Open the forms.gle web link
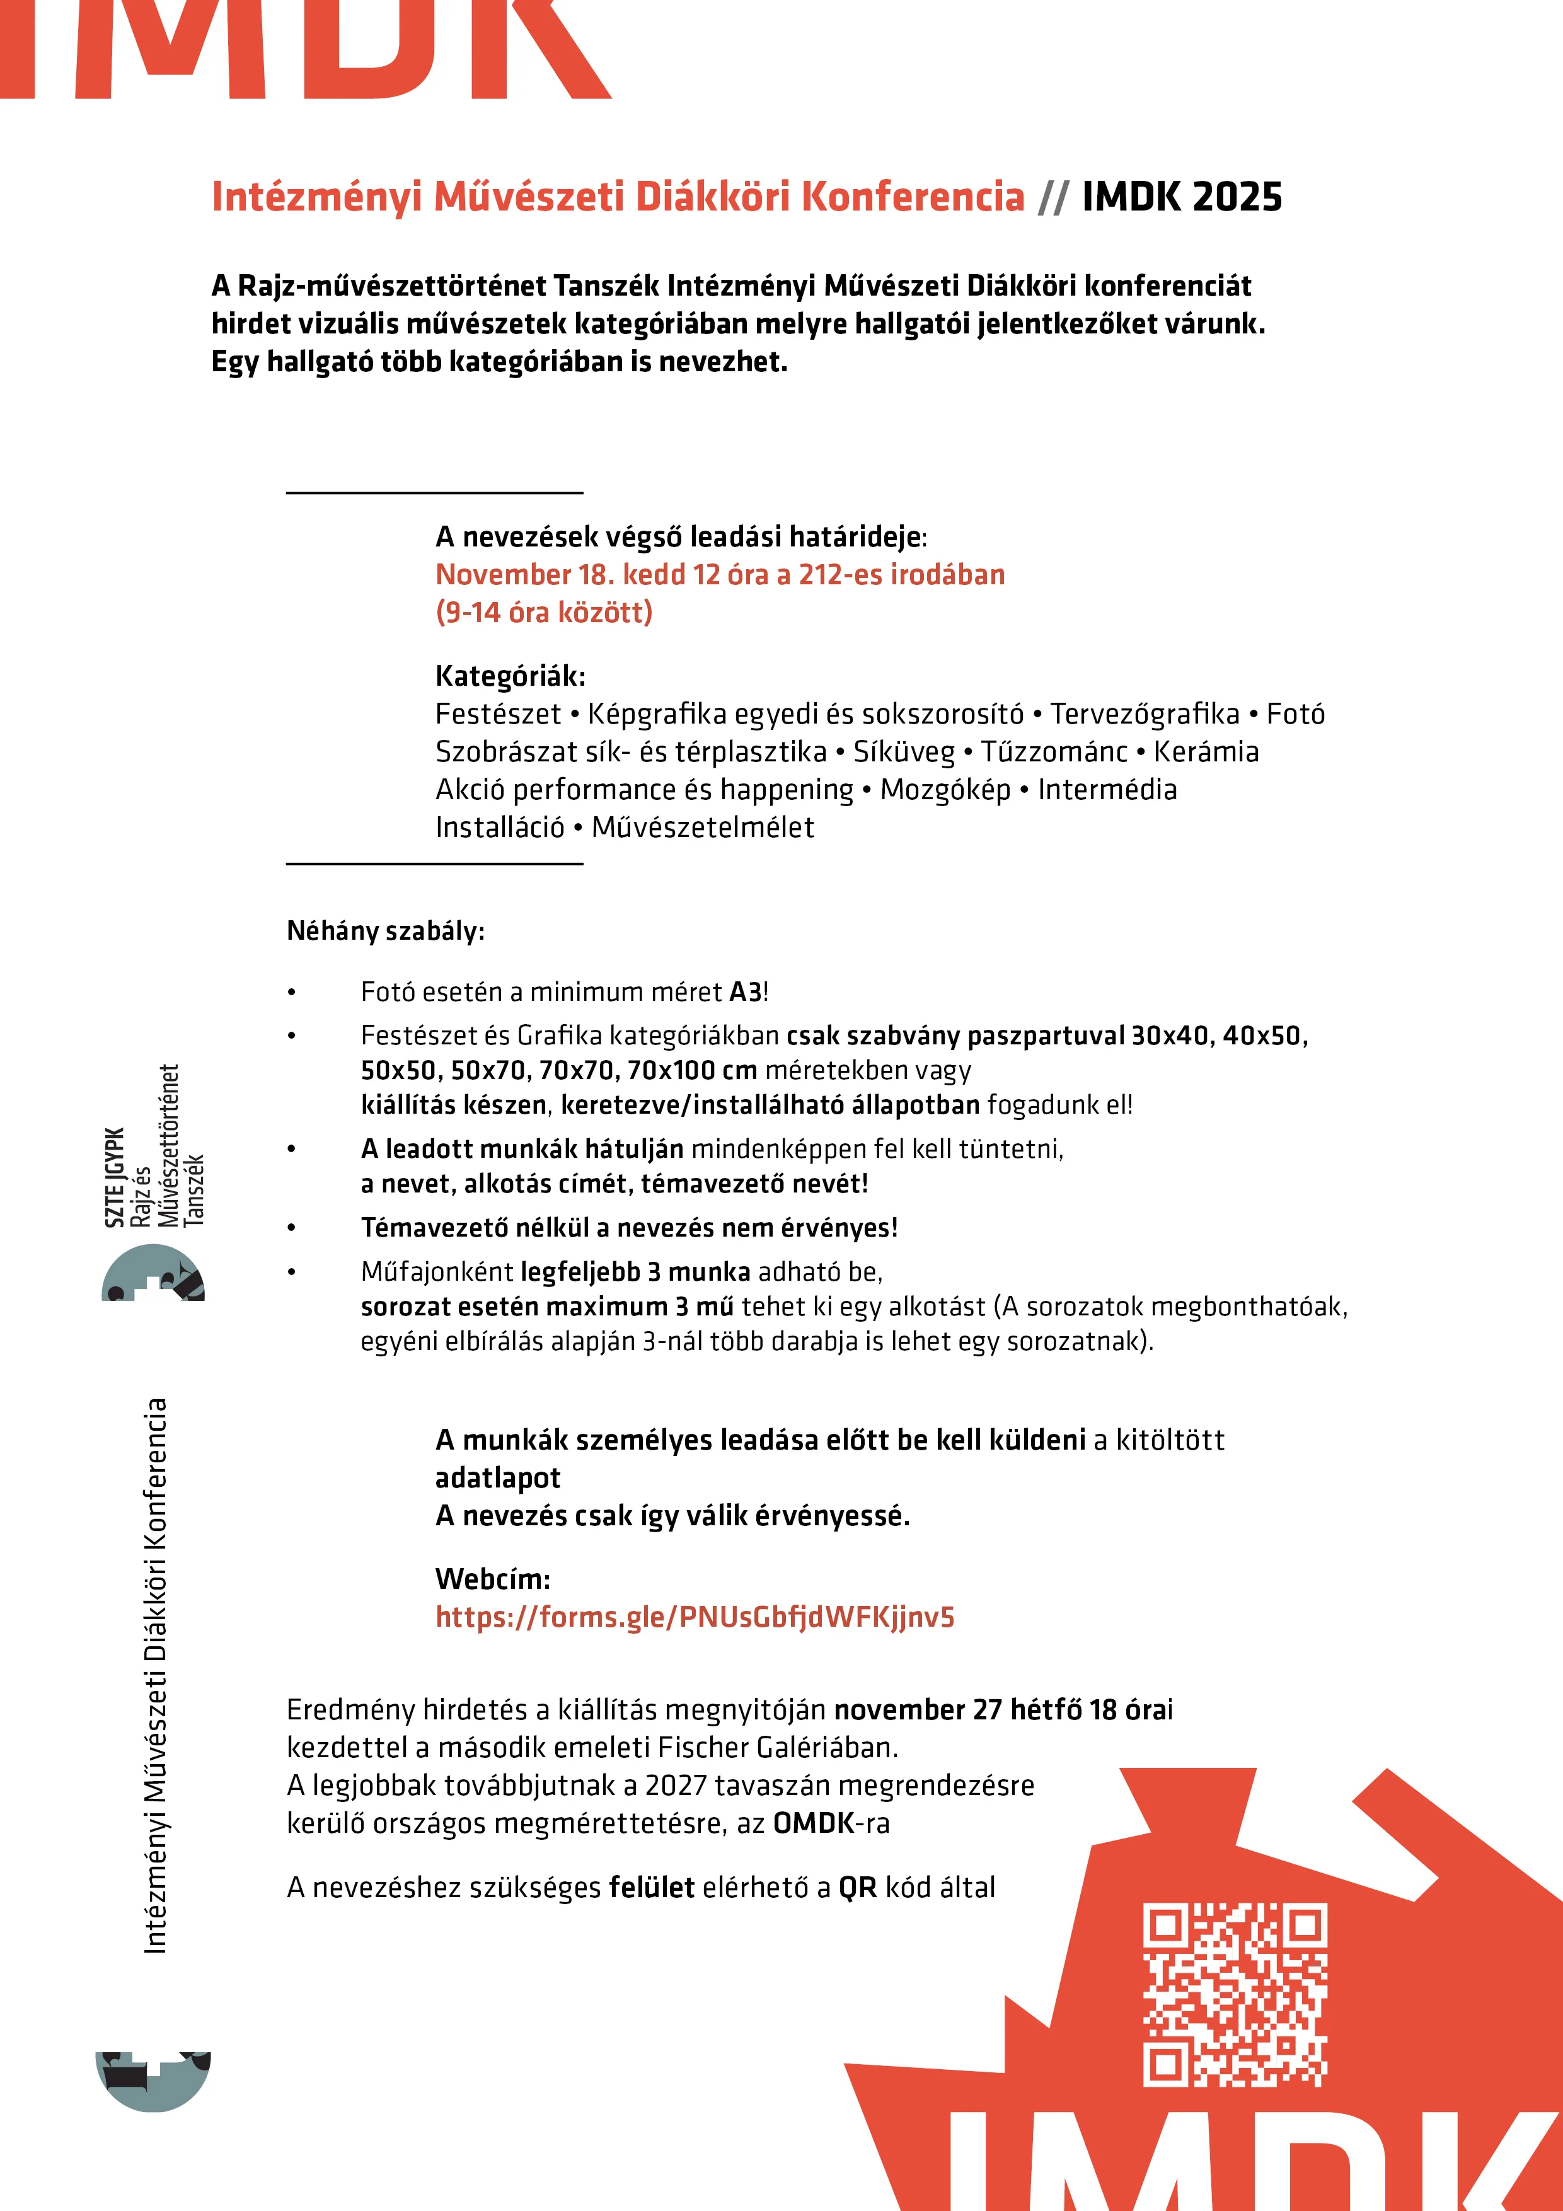coord(695,1617)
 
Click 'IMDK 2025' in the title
coord(1182,197)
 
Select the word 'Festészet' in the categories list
coord(497,715)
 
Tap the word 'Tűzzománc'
coord(1054,752)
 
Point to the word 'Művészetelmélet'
coord(702,827)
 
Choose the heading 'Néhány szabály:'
coord(385,931)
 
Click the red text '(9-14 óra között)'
coord(544,613)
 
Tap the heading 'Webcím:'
coord(492,1579)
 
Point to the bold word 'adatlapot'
coord(497,1478)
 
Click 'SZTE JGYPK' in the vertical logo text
coord(115,1177)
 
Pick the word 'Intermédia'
coord(1107,790)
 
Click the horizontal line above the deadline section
coord(434,493)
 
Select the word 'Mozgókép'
coord(945,790)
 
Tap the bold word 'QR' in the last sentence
coord(857,1888)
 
